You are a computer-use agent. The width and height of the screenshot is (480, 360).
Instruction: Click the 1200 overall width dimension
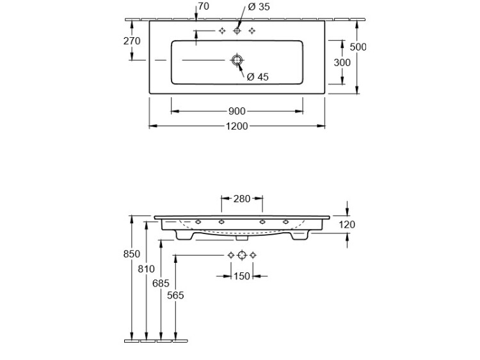click(237, 126)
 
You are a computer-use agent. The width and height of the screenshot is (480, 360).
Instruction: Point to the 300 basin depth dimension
click(342, 63)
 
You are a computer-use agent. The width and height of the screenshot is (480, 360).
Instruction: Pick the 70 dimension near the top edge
click(204, 6)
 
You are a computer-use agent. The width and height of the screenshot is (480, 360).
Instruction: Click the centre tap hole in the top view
click(237, 31)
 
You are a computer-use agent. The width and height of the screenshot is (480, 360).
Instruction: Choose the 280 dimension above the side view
click(241, 199)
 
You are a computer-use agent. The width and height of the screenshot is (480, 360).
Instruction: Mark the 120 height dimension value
click(347, 224)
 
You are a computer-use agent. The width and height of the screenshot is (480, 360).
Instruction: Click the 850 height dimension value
click(131, 254)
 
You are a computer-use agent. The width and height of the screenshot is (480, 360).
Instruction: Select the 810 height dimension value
click(147, 269)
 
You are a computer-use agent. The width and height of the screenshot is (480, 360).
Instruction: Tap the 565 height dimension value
click(175, 296)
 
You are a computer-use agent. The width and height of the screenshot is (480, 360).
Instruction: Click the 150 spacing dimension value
click(241, 276)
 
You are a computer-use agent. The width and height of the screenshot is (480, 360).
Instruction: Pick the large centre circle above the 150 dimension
click(242, 255)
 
